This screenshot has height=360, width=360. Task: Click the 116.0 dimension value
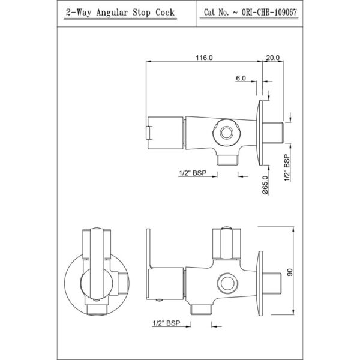point(204,58)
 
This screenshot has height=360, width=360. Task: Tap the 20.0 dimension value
point(273,58)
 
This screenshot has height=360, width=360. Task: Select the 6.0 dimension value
point(241,78)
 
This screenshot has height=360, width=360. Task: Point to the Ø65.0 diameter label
point(266,185)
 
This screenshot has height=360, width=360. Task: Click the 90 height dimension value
point(290,272)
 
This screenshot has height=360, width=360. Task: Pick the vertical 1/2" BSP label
point(287,168)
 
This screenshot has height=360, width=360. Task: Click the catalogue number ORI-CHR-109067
point(269,12)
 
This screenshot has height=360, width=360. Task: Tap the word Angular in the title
point(112,13)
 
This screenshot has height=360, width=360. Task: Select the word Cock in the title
point(165,12)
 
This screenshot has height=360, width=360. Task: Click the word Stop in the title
point(141,13)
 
